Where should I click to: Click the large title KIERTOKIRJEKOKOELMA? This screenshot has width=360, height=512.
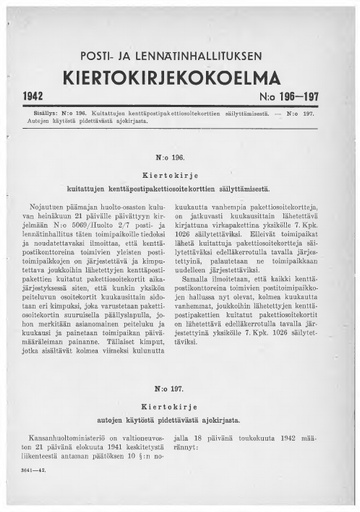click(179, 77)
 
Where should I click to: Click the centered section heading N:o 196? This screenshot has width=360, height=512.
click(180, 159)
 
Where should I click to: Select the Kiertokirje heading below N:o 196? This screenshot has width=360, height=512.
click(180, 174)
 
